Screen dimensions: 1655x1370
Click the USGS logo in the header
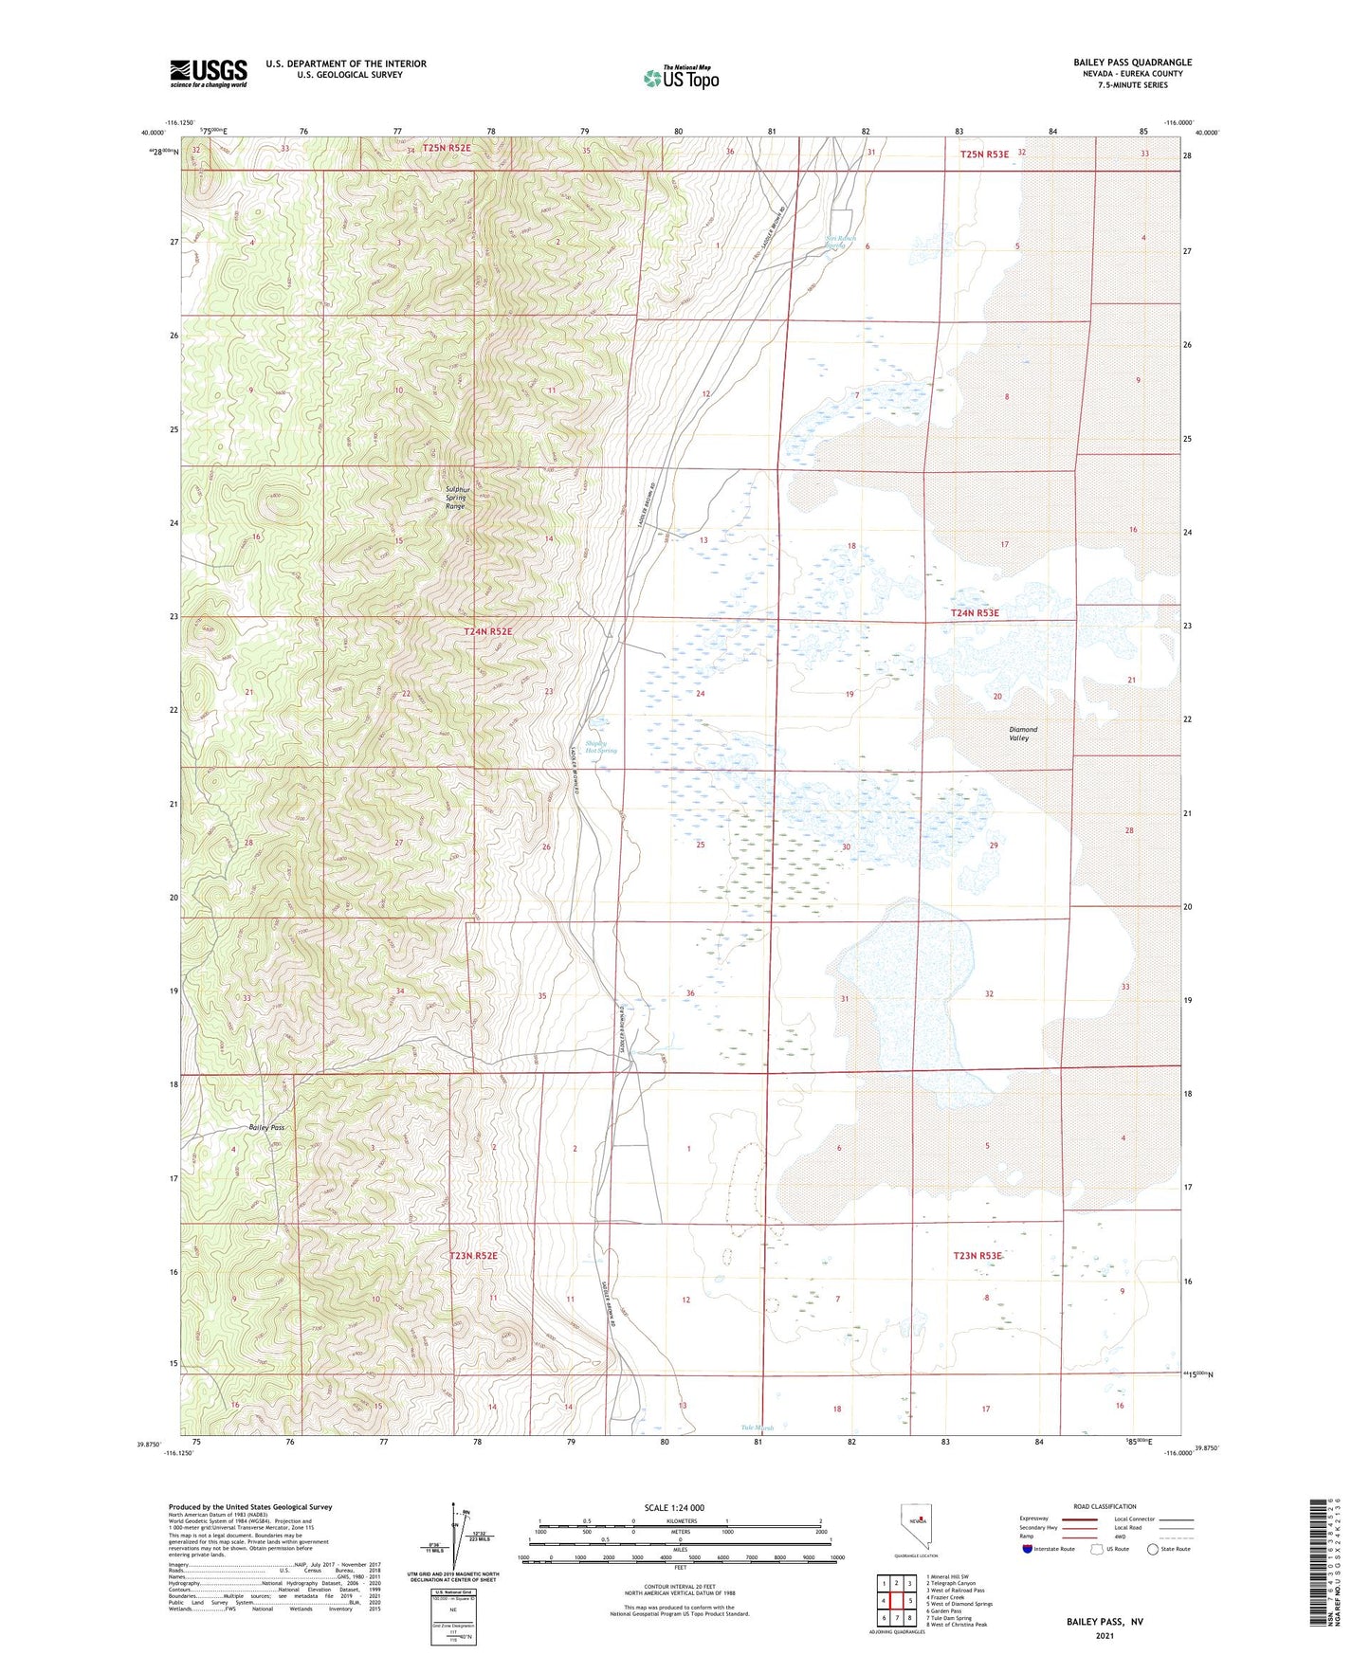(x=208, y=73)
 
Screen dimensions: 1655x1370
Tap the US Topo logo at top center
(x=681, y=77)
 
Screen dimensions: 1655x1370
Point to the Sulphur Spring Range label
(x=456, y=498)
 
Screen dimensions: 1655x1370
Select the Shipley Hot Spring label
(x=601, y=747)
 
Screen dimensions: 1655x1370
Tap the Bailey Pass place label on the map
(x=266, y=1128)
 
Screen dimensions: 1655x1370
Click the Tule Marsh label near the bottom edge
(x=758, y=1428)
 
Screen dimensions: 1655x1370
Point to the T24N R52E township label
(x=487, y=631)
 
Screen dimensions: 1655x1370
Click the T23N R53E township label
(x=977, y=1256)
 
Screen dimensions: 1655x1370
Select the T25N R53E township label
(x=984, y=154)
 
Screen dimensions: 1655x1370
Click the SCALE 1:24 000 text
(x=674, y=1507)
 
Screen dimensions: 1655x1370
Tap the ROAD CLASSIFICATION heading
(x=1105, y=1506)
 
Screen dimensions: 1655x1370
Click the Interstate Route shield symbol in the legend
(x=1029, y=1549)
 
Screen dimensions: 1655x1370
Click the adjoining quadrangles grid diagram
(x=896, y=1601)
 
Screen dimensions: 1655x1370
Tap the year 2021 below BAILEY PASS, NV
(x=1105, y=1636)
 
